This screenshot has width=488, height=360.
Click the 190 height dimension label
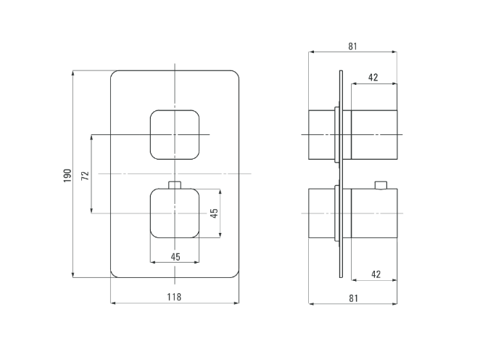[67, 176]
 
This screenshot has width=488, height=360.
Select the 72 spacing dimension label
[85, 176]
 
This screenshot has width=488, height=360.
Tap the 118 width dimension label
[174, 297]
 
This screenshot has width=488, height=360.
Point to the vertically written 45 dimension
[214, 213]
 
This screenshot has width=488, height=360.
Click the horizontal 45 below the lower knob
[175, 257]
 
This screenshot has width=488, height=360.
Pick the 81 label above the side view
[352, 46]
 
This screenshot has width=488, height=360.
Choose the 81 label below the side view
[353, 298]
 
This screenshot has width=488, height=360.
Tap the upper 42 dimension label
[373, 77]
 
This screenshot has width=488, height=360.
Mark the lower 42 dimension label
[376, 274]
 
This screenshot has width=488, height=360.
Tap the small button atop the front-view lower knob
[175, 184]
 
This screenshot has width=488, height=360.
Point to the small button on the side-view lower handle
[381, 185]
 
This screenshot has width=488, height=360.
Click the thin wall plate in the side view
[341, 173]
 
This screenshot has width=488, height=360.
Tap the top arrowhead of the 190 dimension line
[73, 73]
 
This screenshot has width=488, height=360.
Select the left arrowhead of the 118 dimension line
[113, 303]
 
